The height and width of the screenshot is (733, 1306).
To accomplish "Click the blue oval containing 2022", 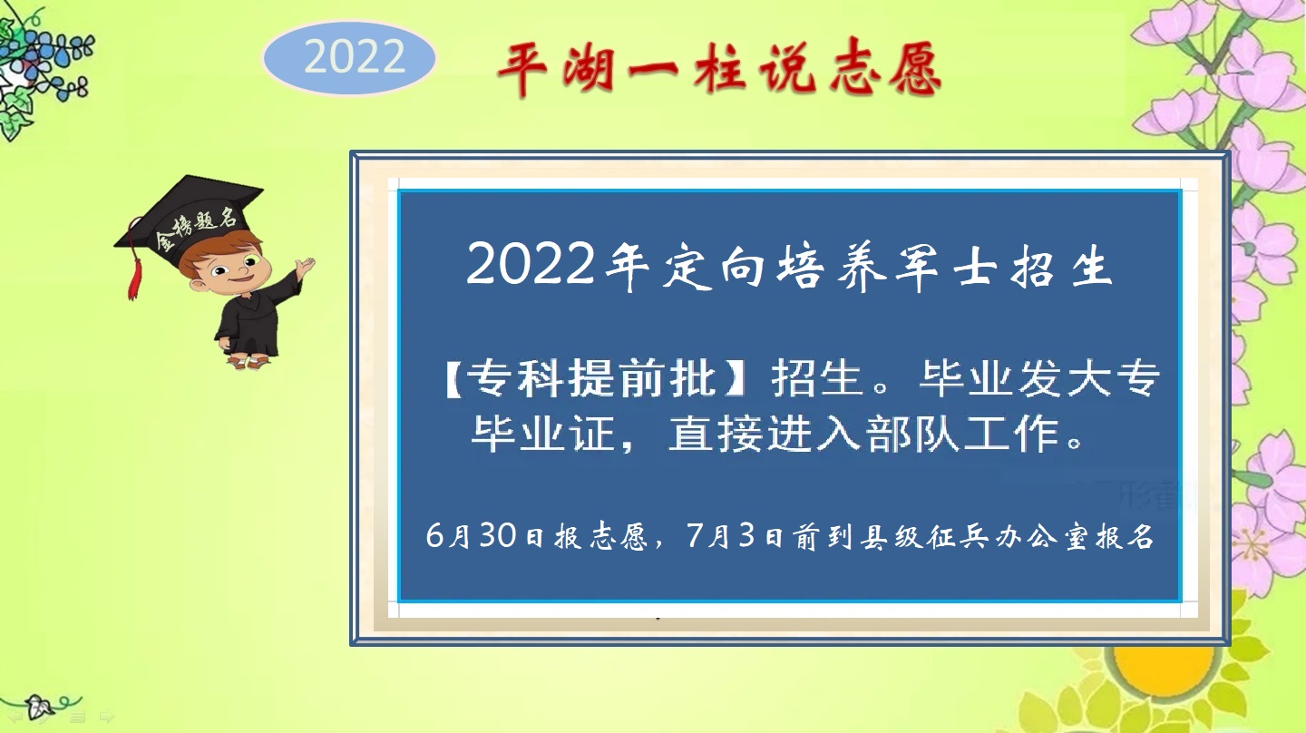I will point(350,58).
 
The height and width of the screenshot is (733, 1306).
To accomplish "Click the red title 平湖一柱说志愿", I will point(719,70).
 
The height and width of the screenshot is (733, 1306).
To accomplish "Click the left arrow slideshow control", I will point(15,717).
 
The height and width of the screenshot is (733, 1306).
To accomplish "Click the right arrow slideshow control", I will point(106,717).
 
